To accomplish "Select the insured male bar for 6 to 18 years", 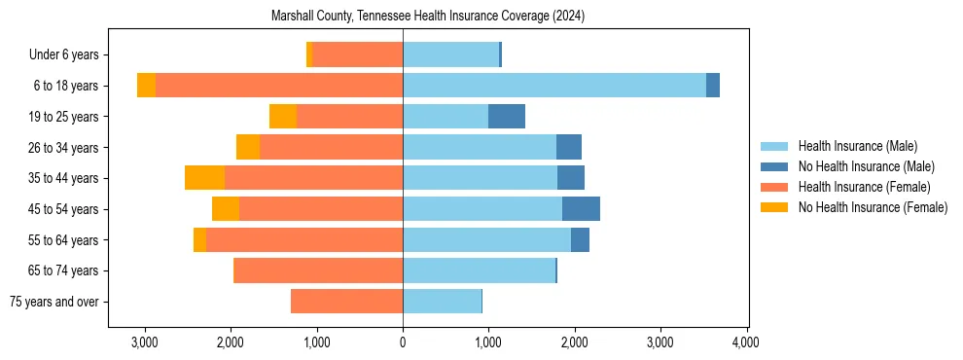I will (x=554, y=86).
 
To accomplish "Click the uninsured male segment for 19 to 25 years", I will (x=507, y=117).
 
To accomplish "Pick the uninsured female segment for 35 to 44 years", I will (x=205, y=178).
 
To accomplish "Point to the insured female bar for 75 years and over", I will (x=346, y=302).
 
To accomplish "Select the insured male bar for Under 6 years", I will (x=450, y=55).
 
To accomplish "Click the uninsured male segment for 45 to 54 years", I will (x=581, y=209).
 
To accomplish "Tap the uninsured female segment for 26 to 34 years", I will (x=248, y=148).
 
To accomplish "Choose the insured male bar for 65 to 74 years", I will (x=479, y=270).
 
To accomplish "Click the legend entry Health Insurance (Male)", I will (x=857, y=146).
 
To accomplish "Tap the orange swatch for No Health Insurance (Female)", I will (x=775, y=207).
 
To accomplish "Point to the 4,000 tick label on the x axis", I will (x=746, y=342).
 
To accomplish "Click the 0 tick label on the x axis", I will (x=403, y=342).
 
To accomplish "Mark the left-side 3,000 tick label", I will (x=145, y=342).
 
